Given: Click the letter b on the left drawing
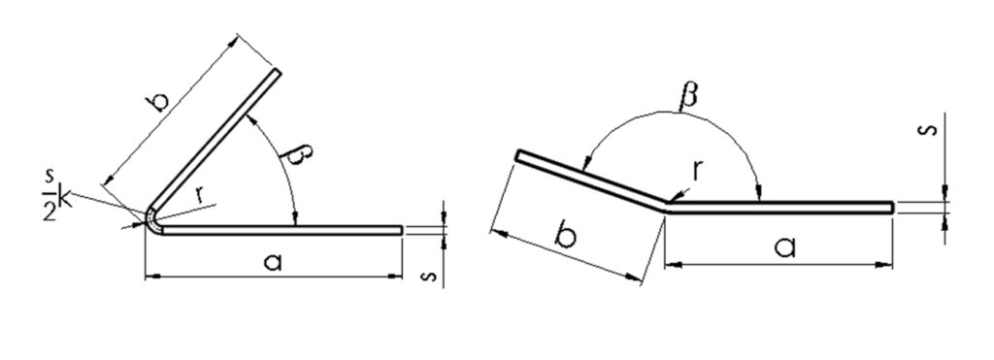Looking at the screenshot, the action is pos(160,102).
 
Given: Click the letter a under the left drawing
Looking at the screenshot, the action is pos(273,261).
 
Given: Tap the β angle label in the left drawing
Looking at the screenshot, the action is pos(299,155).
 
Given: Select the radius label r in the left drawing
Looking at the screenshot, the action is pos(200,195).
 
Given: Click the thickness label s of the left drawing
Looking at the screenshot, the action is pos(430,277).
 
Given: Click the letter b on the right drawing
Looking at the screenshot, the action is pos(566,234).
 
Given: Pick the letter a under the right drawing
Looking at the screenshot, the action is pos(784,246).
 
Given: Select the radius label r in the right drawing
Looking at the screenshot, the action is pos(697,170).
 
